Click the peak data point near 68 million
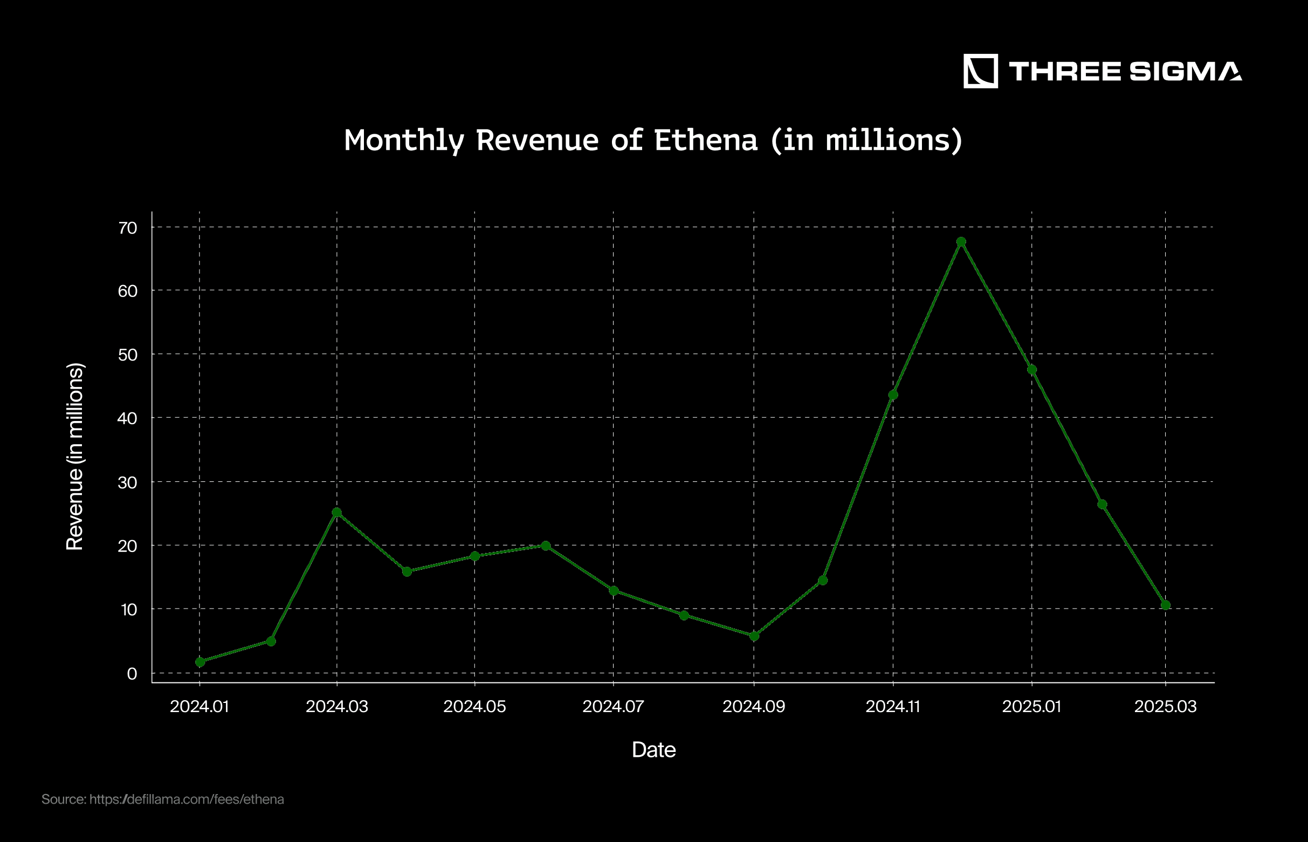(x=961, y=241)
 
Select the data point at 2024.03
(x=337, y=512)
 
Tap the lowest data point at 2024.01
(x=200, y=661)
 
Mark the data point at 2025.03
(x=1165, y=605)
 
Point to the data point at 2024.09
(x=754, y=636)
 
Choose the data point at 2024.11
(x=893, y=395)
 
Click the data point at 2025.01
(x=1032, y=370)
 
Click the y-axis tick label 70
(x=127, y=228)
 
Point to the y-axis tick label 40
(x=127, y=418)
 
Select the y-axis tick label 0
(x=132, y=674)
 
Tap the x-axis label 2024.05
(x=474, y=706)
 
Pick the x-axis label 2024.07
(x=613, y=706)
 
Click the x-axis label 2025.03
(x=1165, y=706)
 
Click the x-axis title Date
(x=653, y=750)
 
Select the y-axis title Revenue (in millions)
(x=75, y=456)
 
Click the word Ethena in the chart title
(x=705, y=140)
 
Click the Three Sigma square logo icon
(x=980, y=71)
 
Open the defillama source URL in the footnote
(x=187, y=799)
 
